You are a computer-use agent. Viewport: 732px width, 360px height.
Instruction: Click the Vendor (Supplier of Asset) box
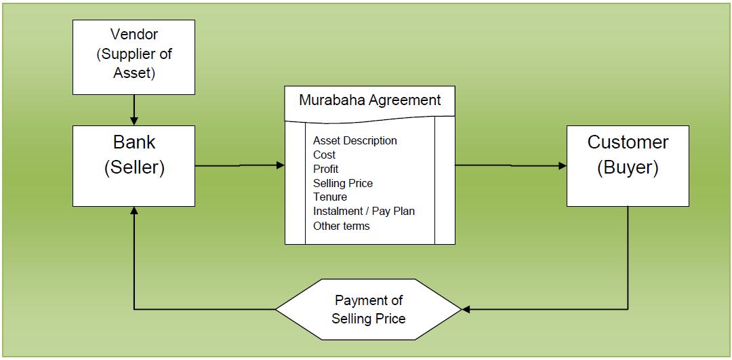(x=134, y=57)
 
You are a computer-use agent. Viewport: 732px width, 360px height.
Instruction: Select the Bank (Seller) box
(x=134, y=165)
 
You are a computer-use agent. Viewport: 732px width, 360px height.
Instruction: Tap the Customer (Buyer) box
(x=628, y=165)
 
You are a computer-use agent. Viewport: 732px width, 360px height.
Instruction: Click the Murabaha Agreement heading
(x=370, y=100)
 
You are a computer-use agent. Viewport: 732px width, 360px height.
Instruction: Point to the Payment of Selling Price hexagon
(x=368, y=310)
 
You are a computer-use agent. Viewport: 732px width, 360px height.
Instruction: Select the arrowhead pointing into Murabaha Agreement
(x=281, y=165)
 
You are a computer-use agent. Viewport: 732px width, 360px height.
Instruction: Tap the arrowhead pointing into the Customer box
(x=562, y=165)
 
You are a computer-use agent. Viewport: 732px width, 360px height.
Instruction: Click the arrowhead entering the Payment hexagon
(x=466, y=310)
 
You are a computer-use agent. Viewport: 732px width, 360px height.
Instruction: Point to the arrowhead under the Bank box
(x=134, y=211)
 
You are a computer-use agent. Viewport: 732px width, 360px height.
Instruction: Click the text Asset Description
(x=354, y=140)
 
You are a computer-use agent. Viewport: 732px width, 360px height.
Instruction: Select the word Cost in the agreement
(x=324, y=155)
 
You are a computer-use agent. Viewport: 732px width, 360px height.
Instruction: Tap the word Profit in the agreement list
(x=325, y=169)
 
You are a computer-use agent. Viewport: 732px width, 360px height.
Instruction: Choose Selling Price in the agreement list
(x=342, y=183)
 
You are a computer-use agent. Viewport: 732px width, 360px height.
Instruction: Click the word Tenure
(x=329, y=197)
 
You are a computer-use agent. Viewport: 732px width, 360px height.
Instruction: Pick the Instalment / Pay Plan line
(x=363, y=211)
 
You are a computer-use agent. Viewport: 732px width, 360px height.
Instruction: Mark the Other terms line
(x=341, y=226)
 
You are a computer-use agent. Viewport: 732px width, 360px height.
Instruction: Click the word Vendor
(x=134, y=34)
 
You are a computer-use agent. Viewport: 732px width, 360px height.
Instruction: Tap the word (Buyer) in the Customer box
(x=628, y=168)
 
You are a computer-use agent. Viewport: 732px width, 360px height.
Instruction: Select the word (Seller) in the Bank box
(x=134, y=168)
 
